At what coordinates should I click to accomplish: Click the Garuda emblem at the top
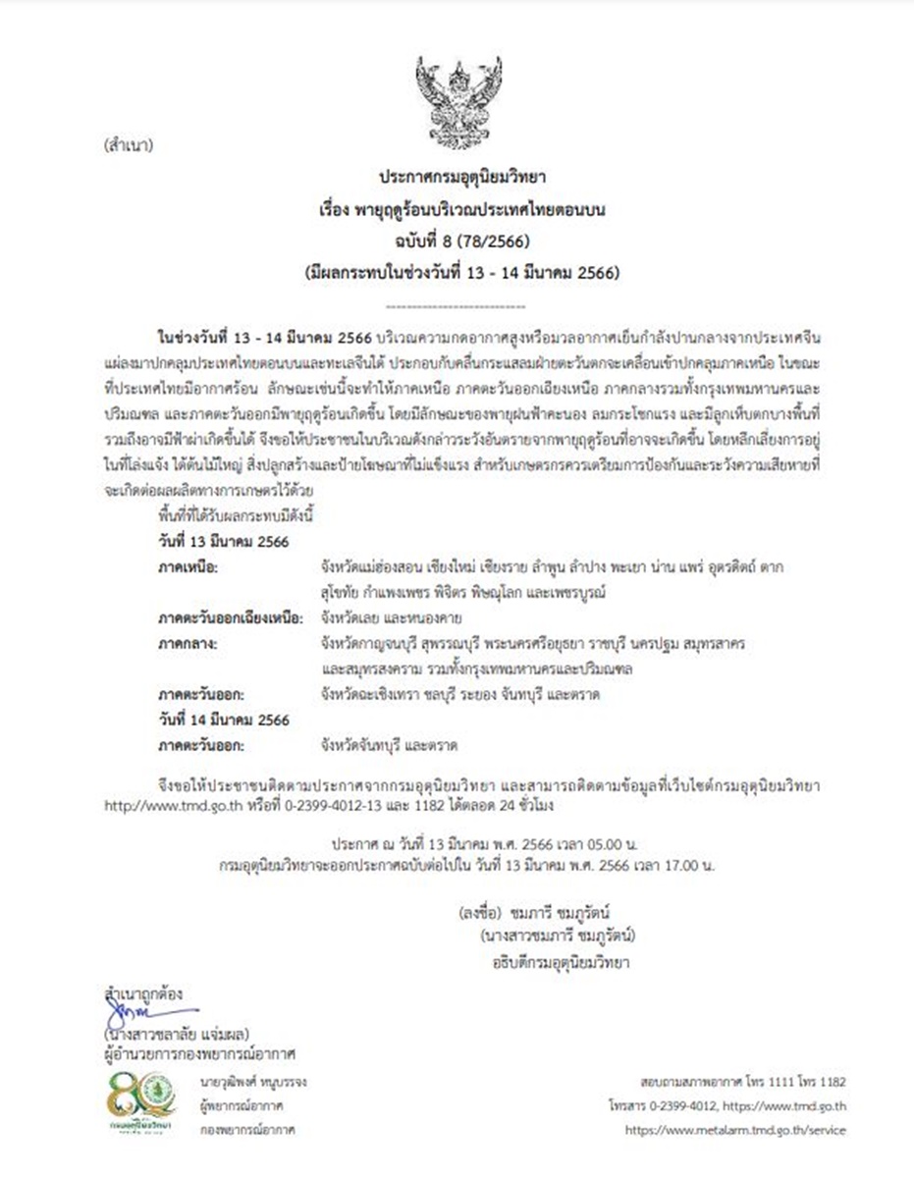coord(458,101)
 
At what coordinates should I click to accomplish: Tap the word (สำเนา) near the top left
coord(128,147)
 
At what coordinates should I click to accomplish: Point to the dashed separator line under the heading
coord(457,306)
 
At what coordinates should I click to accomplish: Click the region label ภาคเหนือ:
coord(188,567)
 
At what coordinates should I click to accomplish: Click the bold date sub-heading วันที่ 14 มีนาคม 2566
coord(224,720)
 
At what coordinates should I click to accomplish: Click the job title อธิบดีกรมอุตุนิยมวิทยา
coord(561,962)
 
